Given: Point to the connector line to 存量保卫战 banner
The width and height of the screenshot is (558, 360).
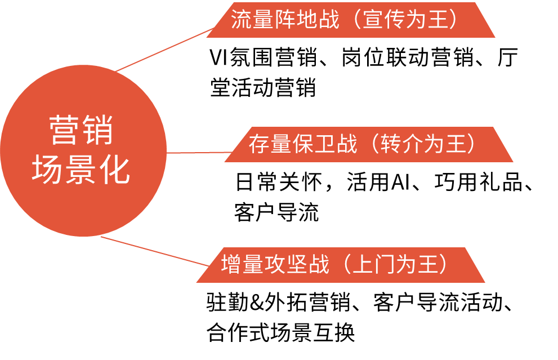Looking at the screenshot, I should [x=197, y=152].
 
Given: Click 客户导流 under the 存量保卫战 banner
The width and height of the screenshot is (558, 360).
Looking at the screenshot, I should [x=276, y=212].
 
